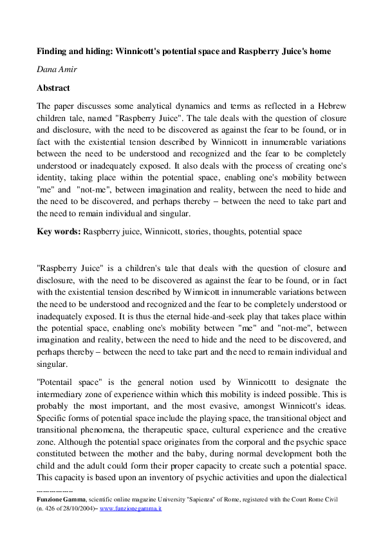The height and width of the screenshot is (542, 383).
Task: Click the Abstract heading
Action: pos(53,88)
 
